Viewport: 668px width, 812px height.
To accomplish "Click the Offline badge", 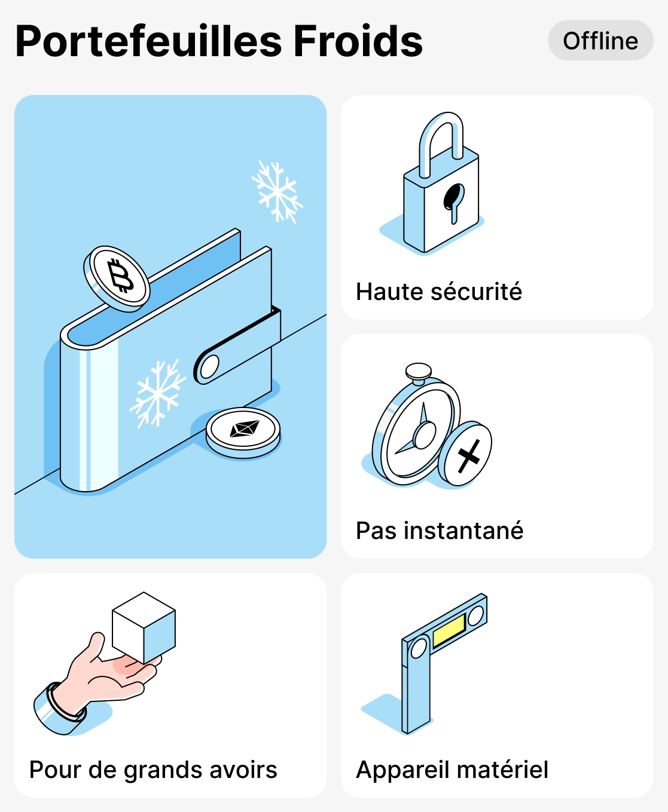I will pos(600,41).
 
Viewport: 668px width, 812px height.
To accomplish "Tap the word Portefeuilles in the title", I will pos(148,42).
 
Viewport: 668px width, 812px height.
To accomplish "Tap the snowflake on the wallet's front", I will pos(157,393).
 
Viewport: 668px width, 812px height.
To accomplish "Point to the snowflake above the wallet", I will pos(277,191).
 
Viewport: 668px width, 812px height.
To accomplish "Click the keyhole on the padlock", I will pos(453,200).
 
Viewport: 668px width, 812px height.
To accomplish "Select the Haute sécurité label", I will pos(438,292).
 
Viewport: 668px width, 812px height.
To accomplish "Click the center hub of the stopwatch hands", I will pos(425,435).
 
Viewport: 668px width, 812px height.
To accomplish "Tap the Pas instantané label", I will pos(440,531).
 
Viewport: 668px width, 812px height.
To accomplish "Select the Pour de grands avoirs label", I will pos(153,770).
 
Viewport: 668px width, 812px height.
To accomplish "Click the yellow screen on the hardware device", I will pos(449,630).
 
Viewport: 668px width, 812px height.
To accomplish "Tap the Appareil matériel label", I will pos(452,770).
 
